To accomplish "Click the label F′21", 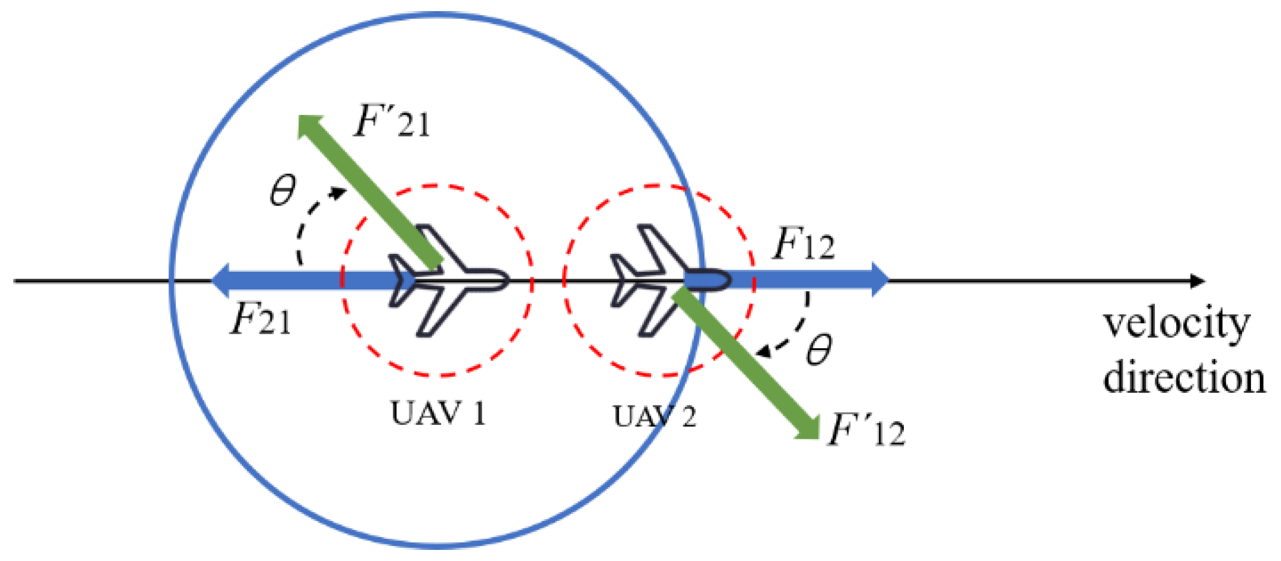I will pyautogui.click(x=392, y=121).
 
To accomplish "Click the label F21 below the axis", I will pyautogui.click(x=260, y=319).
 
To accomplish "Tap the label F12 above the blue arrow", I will pyautogui.click(x=803, y=244).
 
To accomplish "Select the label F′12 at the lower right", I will pyautogui.click(x=865, y=430).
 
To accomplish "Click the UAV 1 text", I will pyautogui.click(x=438, y=414).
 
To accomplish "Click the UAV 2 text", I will pyautogui.click(x=654, y=417).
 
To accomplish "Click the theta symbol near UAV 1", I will pyautogui.click(x=283, y=191).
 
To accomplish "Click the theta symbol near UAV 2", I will pyautogui.click(x=819, y=349).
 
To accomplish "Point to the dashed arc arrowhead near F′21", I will pyautogui.click(x=339, y=193).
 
